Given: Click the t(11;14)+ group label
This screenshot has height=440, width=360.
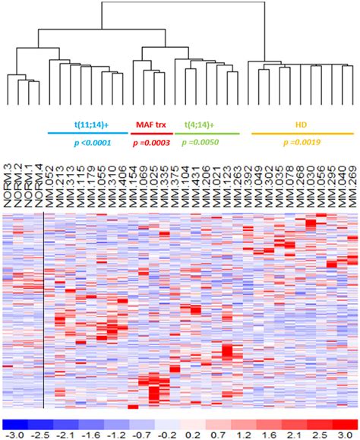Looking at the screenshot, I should click(88, 123).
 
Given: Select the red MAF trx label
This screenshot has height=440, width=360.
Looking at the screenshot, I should click(151, 123).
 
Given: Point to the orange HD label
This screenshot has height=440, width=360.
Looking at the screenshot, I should click(302, 123).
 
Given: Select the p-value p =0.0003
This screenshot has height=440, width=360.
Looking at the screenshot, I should click(152, 142).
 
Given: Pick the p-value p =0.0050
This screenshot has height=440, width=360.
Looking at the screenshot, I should click(201, 142).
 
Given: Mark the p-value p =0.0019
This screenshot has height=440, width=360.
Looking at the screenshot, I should click(302, 142).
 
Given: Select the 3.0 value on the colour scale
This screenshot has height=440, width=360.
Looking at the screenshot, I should click(343, 434).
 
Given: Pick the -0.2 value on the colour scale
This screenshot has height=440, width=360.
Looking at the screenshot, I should click(164, 434).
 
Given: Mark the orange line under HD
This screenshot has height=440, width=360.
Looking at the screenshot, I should click(302, 133).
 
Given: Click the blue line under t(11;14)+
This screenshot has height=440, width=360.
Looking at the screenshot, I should click(88, 133).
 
